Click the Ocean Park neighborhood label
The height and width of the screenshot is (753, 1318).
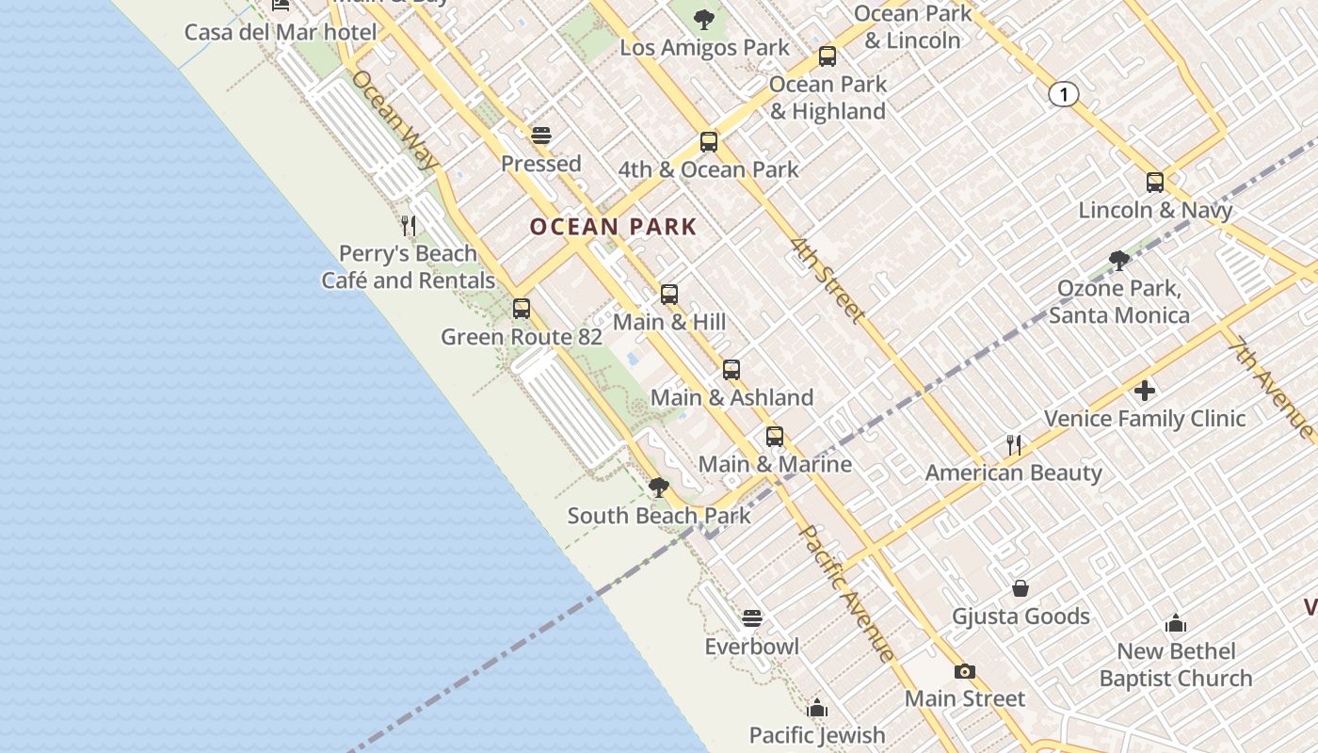[613, 227]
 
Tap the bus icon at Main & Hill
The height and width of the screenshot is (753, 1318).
[669, 295]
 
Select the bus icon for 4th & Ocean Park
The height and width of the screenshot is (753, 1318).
[709, 142]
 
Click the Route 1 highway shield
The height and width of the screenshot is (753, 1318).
[1063, 94]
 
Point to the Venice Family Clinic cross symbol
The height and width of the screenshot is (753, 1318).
[1145, 390]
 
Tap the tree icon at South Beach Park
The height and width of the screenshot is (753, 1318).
[659, 488]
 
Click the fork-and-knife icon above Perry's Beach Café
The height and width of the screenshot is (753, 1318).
[409, 226]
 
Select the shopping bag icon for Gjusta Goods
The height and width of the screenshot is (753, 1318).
[1021, 589]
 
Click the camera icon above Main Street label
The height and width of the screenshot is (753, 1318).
[964, 671]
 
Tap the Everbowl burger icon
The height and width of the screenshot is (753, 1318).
[751, 618]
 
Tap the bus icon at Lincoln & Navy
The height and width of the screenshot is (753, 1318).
[1155, 183]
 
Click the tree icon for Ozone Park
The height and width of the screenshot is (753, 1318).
[1119, 260]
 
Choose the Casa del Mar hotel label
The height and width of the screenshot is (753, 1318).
[281, 33]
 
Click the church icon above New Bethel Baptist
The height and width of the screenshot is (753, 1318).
[1176, 623]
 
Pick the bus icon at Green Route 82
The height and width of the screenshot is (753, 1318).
[522, 309]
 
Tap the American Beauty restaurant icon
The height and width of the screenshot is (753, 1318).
[1014, 444]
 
